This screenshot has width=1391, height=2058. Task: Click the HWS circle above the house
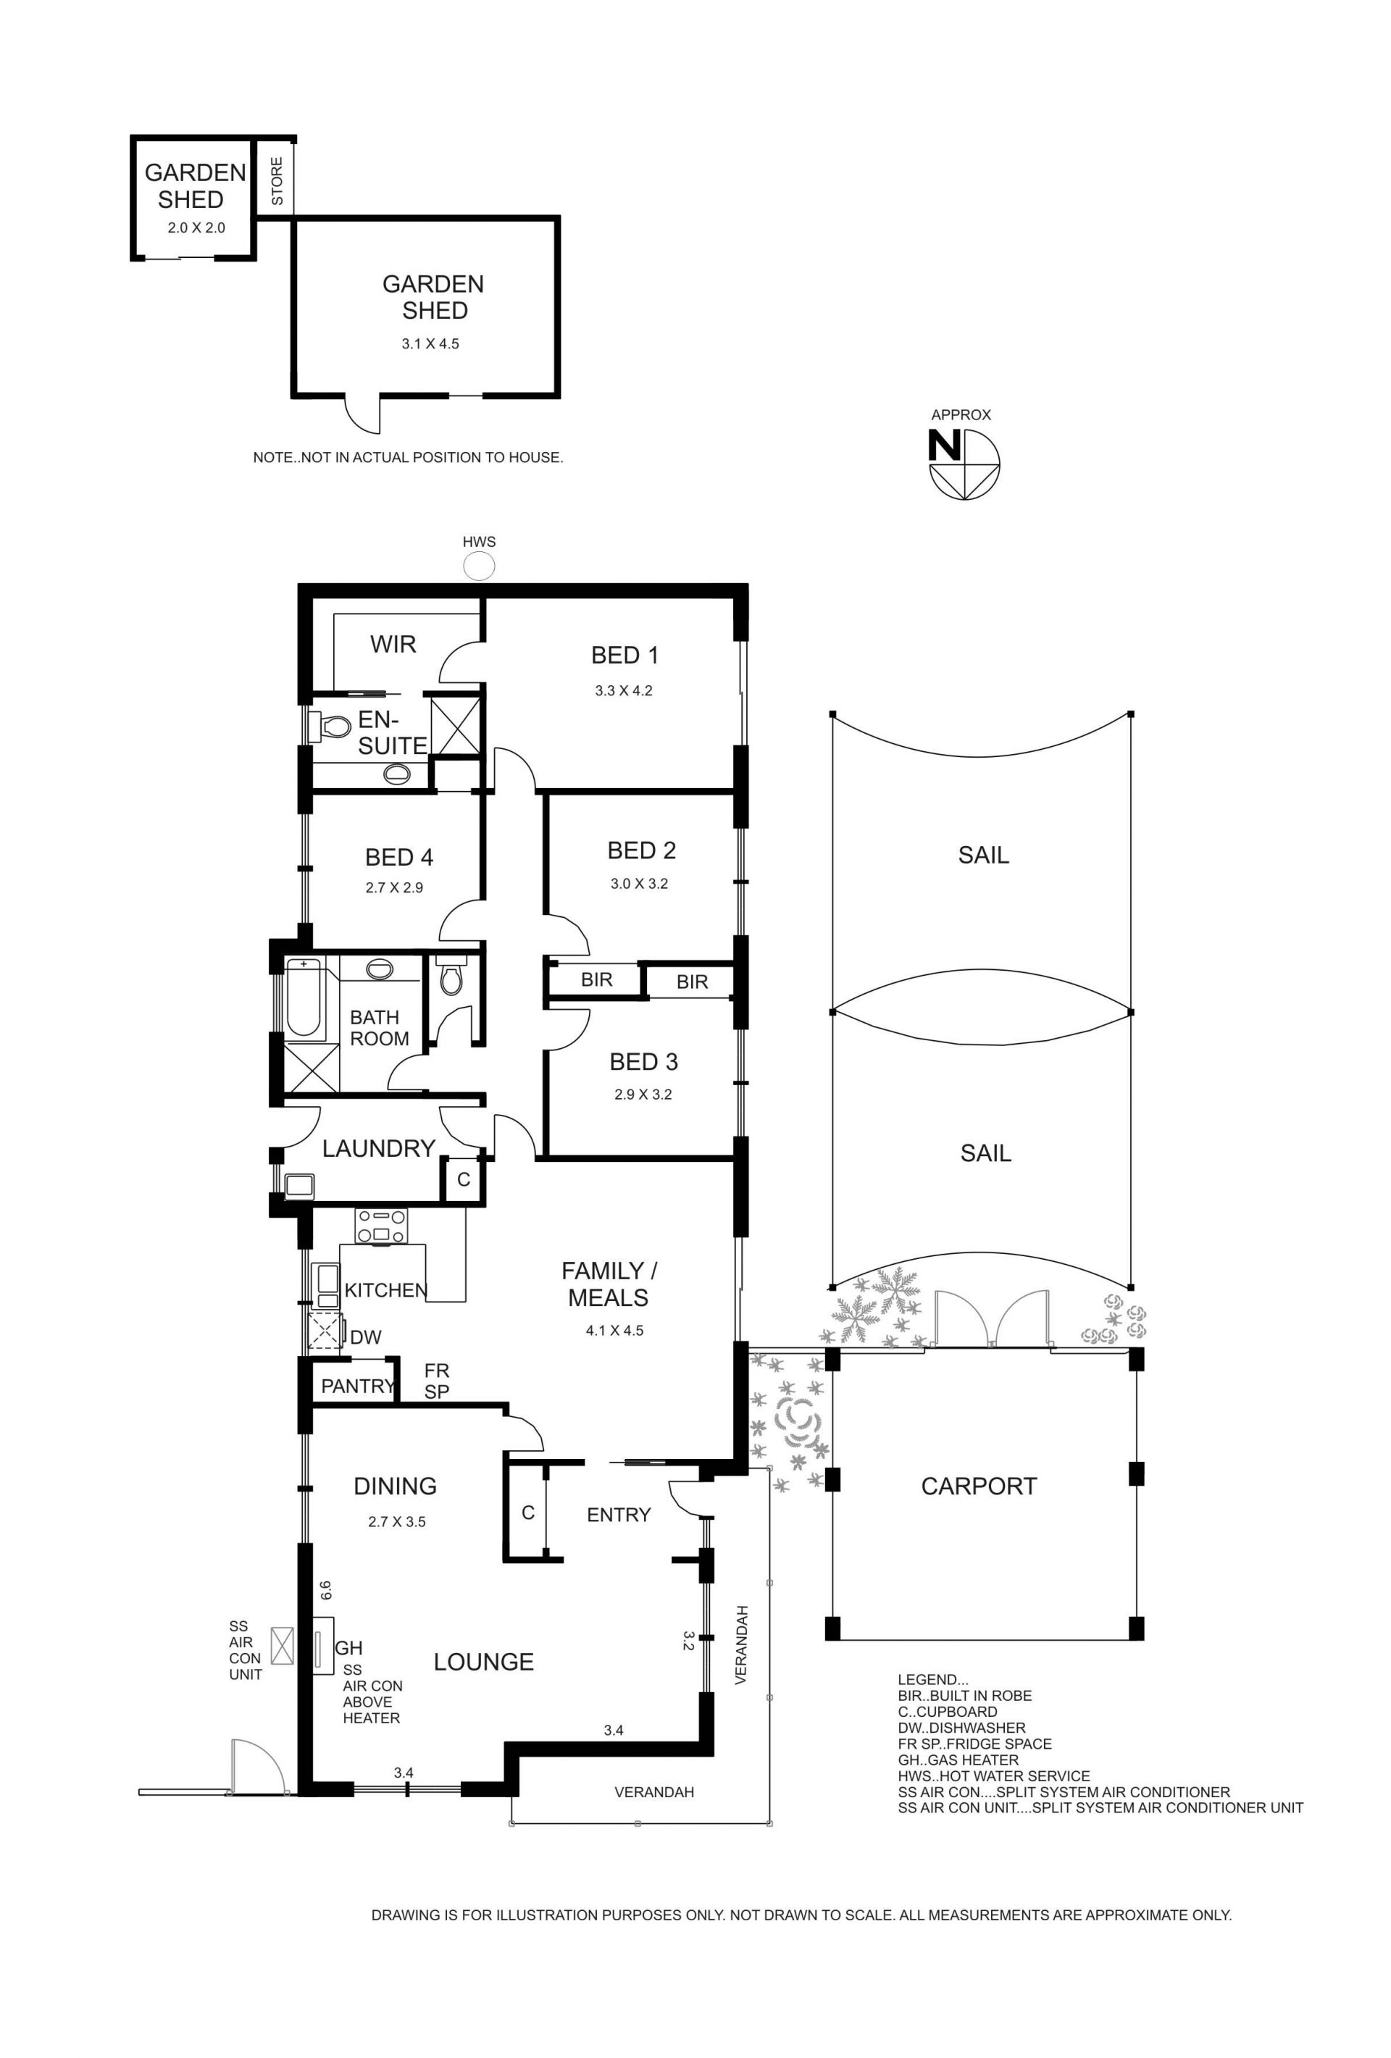pyautogui.click(x=479, y=564)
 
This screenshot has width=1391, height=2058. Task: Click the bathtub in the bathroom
pyautogui.click(x=303, y=996)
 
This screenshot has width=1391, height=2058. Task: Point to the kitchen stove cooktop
pyautogui.click(x=382, y=1226)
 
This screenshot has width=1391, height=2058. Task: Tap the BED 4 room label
pyautogui.click(x=398, y=857)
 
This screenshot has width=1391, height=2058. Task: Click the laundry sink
pyautogui.click(x=299, y=1185)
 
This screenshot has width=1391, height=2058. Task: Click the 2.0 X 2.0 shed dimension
pyautogui.click(x=196, y=227)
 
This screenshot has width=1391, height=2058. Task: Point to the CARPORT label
pyautogui.click(x=978, y=1486)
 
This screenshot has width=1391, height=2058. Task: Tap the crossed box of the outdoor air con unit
pyautogui.click(x=283, y=1645)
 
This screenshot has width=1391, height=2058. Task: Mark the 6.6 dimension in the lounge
pyautogui.click(x=326, y=1591)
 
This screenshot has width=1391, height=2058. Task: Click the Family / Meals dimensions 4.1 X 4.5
pyautogui.click(x=614, y=1330)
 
